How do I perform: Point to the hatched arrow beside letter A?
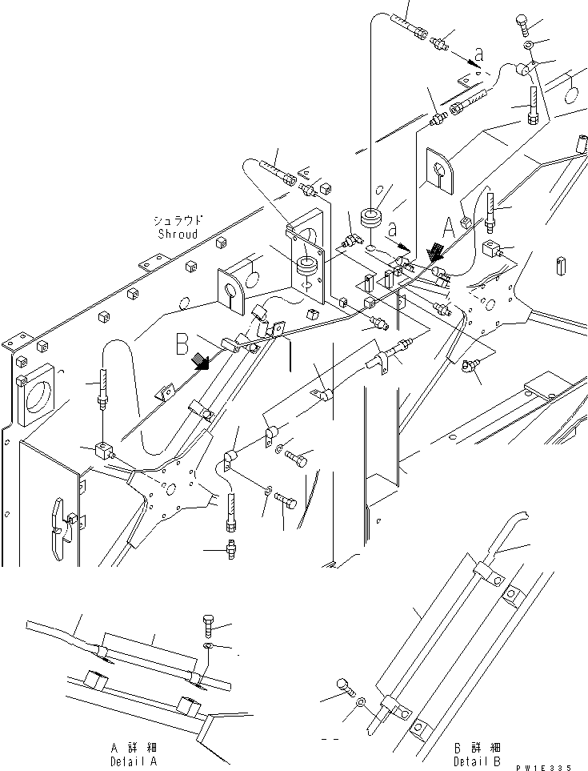pyautogui.click(x=435, y=254)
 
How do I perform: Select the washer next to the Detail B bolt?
pyautogui.click(x=361, y=701)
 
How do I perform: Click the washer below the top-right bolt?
pyautogui.click(x=530, y=42)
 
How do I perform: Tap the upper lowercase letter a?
pyautogui.click(x=478, y=54)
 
